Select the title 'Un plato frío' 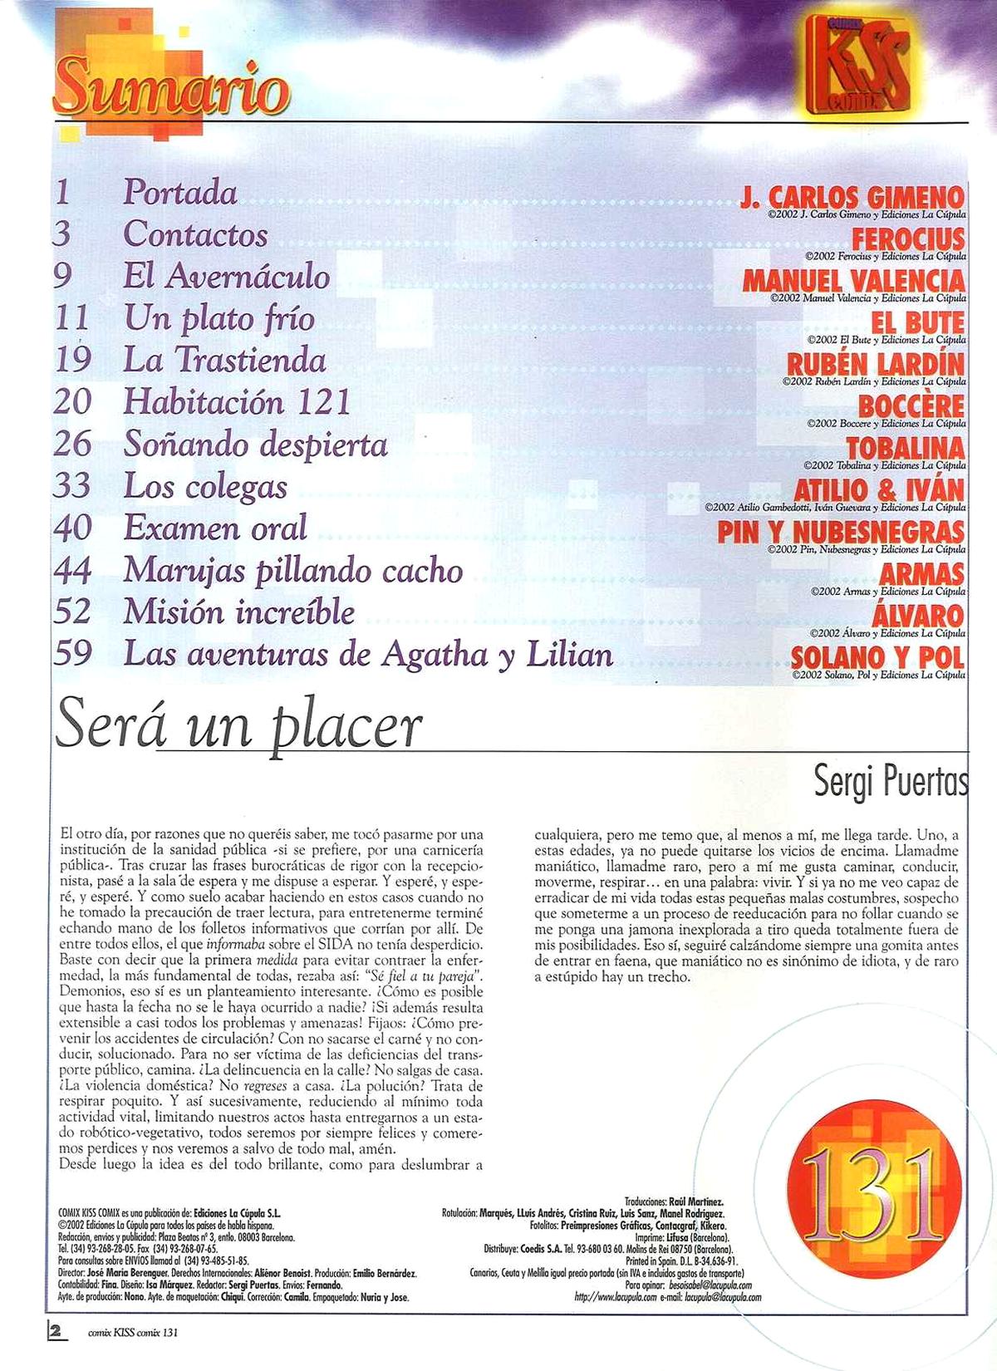(x=219, y=318)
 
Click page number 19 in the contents (x=72, y=360)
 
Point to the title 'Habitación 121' (x=237, y=402)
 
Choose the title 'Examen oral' (x=215, y=528)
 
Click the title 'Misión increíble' (x=239, y=612)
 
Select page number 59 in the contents (x=72, y=654)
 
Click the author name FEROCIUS (x=908, y=239)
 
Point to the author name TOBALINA (x=905, y=448)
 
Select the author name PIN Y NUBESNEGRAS (x=841, y=532)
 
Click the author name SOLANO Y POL (x=877, y=657)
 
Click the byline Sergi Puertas (x=891, y=783)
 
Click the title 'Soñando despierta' (x=255, y=445)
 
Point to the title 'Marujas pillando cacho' (x=293, y=570)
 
